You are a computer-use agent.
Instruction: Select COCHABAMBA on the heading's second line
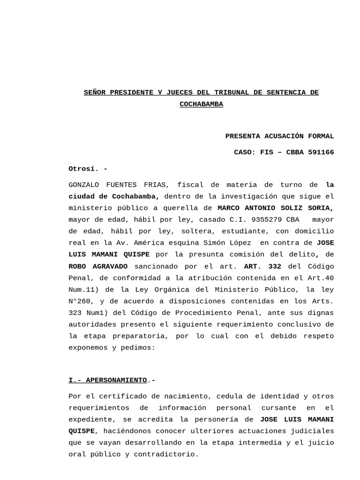tap(202, 104)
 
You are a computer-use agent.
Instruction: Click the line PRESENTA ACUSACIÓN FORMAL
tap(279, 136)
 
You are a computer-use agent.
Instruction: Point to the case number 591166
tap(321, 152)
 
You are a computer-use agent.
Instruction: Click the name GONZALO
tap(84, 185)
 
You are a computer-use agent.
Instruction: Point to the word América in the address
tap(149, 243)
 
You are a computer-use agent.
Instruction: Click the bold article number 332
tap(274, 266)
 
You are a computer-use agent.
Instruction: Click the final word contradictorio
tap(166, 454)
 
